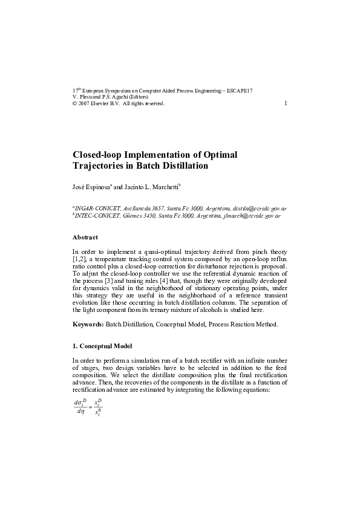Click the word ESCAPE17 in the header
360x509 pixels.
[240, 90]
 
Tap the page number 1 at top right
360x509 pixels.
[286, 103]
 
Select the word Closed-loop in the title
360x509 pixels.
[99, 154]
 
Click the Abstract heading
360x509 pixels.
[85, 237]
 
